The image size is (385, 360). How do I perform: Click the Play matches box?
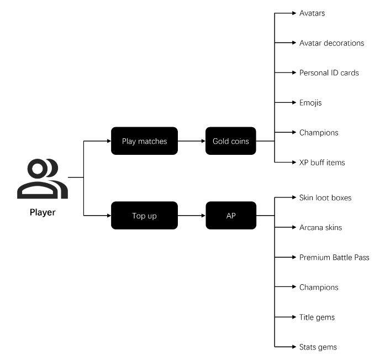pyautogui.click(x=144, y=141)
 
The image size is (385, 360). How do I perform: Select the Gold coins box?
pyautogui.click(x=230, y=141)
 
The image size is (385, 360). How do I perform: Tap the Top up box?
pyautogui.click(x=144, y=216)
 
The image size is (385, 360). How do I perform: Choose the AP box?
pyautogui.click(x=230, y=216)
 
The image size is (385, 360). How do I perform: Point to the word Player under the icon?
pyautogui.click(x=43, y=212)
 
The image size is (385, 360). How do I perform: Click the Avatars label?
pyautogui.click(x=312, y=13)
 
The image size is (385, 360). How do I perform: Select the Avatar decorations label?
pyautogui.click(x=331, y=43)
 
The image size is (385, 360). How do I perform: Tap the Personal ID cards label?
pyautogui.click(x=329, y=72)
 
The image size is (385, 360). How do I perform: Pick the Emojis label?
pyautogui.click(x=310, y=102)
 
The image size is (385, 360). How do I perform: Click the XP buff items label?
pyautogui.click(x=322, y=162)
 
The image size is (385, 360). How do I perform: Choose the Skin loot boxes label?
pyautogui.click(x=325, y=197)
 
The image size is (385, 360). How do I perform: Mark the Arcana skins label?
pyautogui.click(x=320, y=227)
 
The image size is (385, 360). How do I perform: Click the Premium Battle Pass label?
pyautogui.click(x=334, y=257)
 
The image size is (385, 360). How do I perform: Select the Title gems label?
pyautogui.click(x=317, y=317)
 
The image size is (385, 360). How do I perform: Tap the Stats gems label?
pyautogui.click(x=318, y=347)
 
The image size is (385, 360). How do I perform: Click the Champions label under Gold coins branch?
pyautogui.click(x=319, y=132)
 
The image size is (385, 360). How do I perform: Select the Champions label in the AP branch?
pyautogui.click(x=319, y=287)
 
